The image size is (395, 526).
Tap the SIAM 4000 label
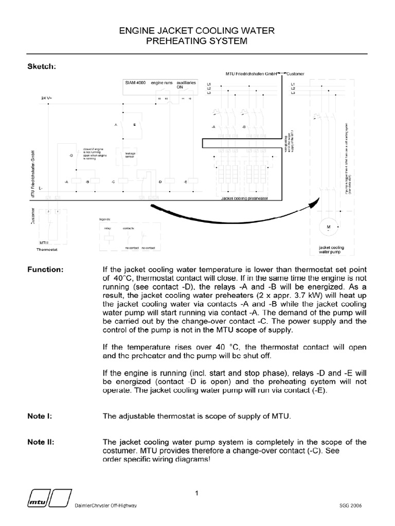coord(135,82)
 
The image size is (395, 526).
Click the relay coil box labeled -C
coord(123,181)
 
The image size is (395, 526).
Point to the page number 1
coord(197,494)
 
